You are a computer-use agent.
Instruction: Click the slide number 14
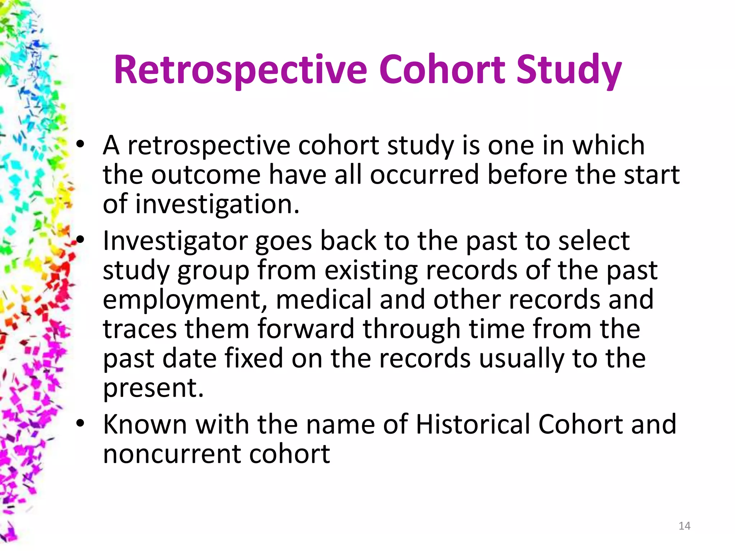coord(684,526)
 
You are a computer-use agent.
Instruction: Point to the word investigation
coord(217,204)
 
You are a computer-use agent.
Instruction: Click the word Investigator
coord(175,241)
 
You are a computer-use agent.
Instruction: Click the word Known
coord(145,424)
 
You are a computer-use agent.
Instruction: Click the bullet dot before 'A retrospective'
coord(80,145)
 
